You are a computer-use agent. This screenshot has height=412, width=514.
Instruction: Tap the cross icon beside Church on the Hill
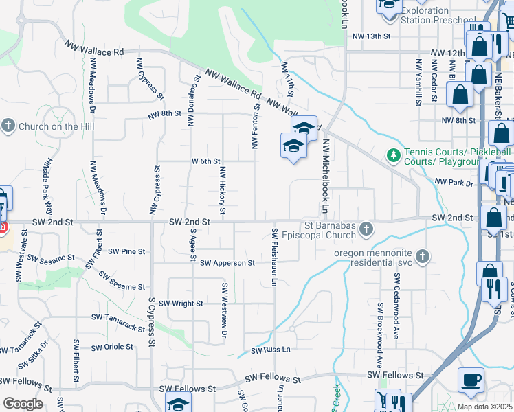8,126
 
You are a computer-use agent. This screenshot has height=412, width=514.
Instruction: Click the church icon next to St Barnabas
367,228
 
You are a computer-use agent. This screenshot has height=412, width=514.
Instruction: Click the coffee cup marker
471,380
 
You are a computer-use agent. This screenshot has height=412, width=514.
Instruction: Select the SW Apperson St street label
227,262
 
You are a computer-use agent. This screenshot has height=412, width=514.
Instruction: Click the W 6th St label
205,161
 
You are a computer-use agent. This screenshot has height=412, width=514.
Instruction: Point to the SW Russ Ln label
271,350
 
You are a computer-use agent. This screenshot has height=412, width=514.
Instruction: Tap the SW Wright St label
181,303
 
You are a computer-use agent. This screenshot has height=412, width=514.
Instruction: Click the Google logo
23,404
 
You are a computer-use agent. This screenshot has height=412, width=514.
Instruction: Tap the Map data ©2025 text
484,407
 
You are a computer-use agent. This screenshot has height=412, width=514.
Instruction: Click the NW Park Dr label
454,183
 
